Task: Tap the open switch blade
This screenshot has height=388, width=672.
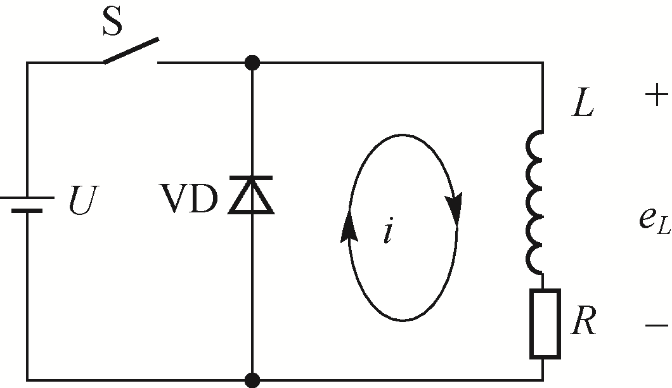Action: [131, 51]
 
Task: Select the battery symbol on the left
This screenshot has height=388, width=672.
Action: [26, 203]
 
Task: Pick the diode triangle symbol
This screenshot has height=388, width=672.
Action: [252, 197]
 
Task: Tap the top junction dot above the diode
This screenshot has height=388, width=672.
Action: [252, 62]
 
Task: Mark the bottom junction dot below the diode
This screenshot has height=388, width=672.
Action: [252, 379]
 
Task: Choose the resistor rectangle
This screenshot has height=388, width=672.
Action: [544, 323]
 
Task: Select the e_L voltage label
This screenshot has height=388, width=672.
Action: [653, 219]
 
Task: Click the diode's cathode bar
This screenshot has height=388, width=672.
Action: [252, 180]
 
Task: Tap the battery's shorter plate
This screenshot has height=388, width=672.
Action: [26, 210]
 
